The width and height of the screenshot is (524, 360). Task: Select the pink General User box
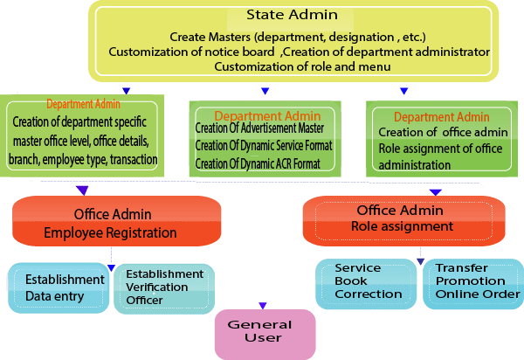[259, 333]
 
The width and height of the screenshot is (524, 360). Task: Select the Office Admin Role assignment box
[403, 218]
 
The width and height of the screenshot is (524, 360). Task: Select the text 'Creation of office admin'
[430, 132]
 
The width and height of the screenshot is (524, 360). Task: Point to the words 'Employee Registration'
[111, 233]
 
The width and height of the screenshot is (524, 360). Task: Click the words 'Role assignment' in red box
[403, 226]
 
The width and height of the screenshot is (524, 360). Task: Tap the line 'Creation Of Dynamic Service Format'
[264, 146]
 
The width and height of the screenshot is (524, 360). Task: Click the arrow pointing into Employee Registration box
[83, 190]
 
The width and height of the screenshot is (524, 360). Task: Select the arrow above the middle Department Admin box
[265, 89]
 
